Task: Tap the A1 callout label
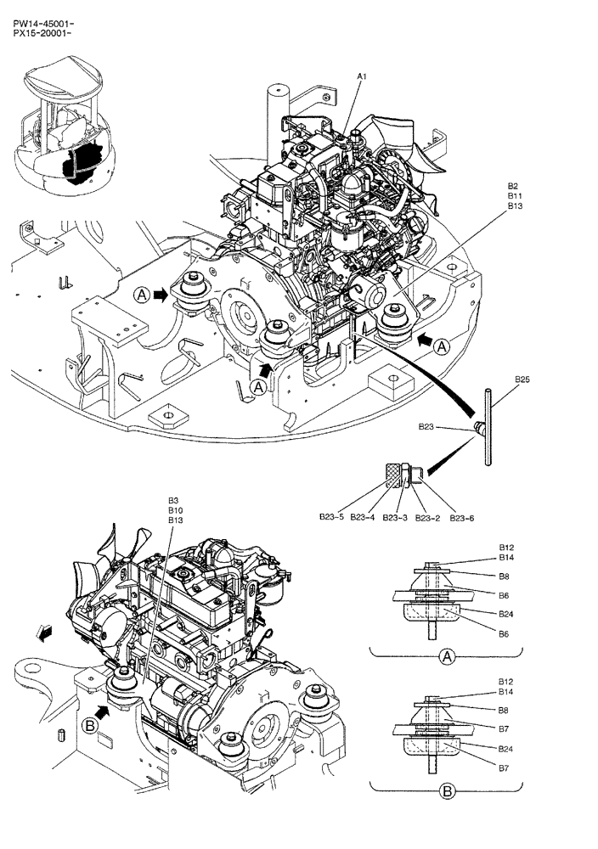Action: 361,77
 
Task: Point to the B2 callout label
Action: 513,186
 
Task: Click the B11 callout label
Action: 515,196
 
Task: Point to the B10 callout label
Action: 174,510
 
